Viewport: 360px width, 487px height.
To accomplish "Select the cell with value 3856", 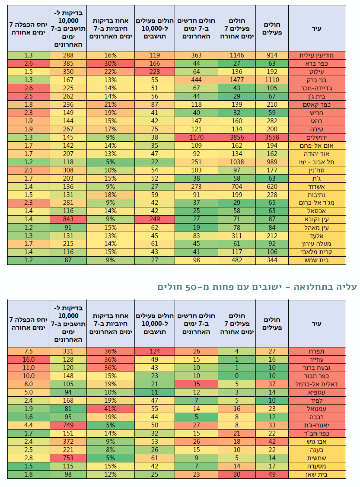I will tap(237, 137).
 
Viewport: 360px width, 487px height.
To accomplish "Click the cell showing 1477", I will tap(237, 80).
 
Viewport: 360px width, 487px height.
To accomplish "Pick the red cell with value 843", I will tap(68, 219).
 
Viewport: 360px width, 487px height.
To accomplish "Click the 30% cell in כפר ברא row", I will tap(110, 64).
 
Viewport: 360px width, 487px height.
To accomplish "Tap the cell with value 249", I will tap(153, 219).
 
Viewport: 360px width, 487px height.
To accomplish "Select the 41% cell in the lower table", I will tap(110, 408).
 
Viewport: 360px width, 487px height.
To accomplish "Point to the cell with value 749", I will tap(68, 425).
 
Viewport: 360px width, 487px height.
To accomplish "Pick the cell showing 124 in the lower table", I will tap(153, 351).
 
